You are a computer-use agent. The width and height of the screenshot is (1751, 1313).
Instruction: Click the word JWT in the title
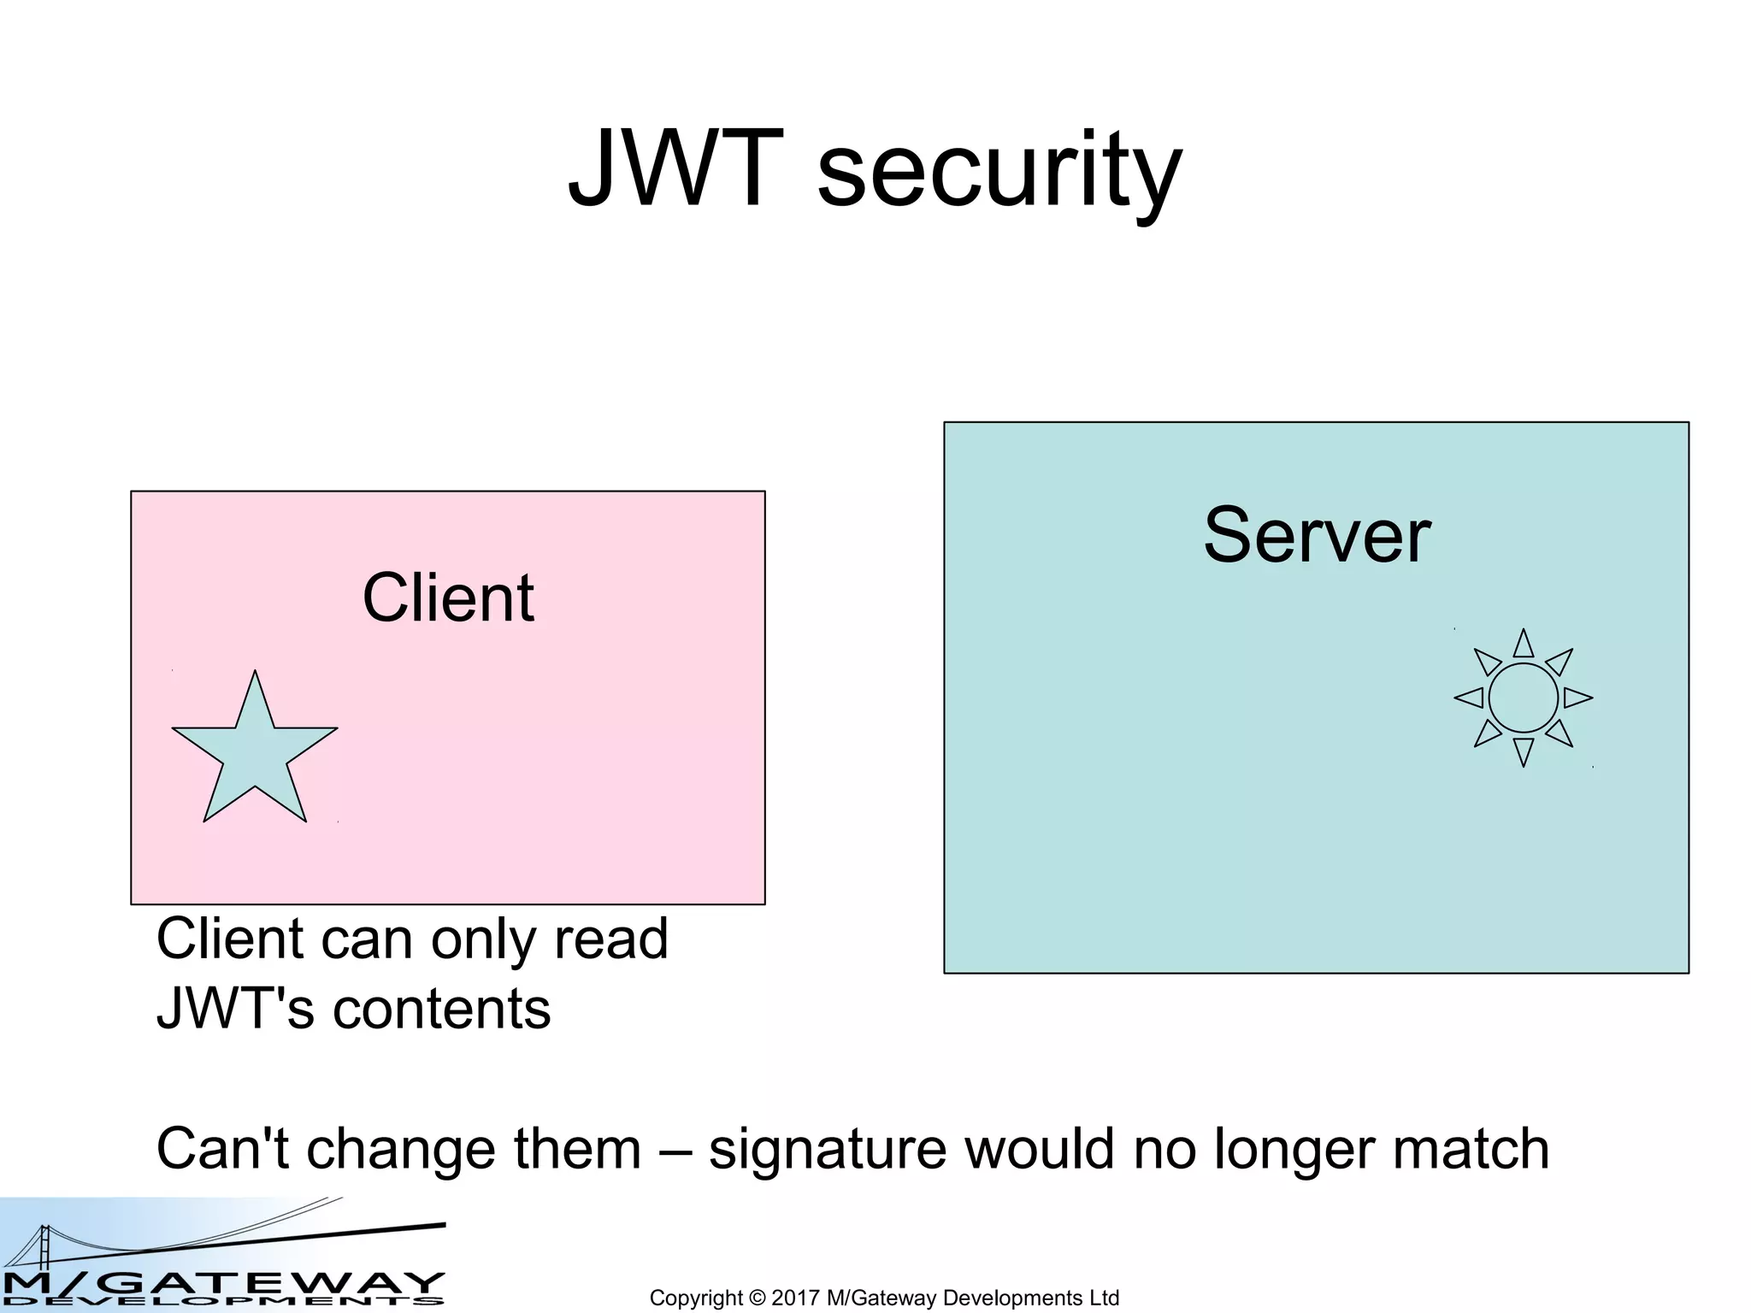pos(675,169)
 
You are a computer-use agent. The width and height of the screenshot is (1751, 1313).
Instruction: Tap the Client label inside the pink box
pos(448,598)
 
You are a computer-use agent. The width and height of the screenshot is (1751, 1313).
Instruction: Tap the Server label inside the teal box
pos(1317,536)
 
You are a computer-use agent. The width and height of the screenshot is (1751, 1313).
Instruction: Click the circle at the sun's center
pos(1524,698)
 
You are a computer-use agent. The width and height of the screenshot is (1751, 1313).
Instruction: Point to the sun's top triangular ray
pos(1524,645)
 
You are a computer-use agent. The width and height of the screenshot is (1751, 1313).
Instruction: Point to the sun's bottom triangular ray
pos(1524,751)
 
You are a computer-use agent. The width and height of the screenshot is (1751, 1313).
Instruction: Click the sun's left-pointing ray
pos(1470,698)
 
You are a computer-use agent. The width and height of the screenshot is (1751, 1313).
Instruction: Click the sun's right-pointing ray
pos(1577,698)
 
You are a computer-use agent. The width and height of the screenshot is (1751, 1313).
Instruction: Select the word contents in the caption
pos(441,1010)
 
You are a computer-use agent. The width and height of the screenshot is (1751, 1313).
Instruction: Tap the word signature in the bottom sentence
pos(827,1150)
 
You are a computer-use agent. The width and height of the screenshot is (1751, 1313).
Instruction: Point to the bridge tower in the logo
pos(44,1247)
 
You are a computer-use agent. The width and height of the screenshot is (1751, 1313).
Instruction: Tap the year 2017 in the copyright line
pos(796,1298)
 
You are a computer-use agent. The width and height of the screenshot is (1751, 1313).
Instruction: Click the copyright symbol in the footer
pos(757,1298)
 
